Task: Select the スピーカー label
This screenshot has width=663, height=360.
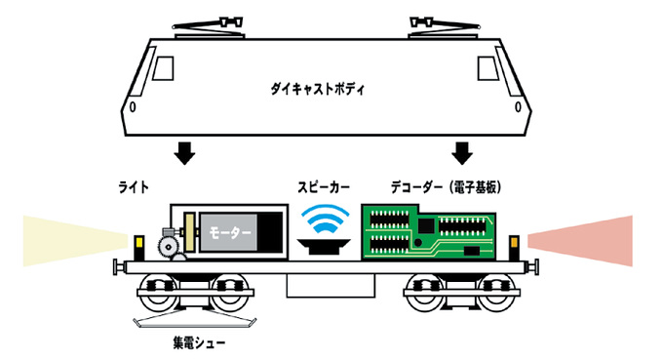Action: (x=324, y=184)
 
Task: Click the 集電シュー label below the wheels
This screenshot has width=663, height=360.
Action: (x=196, y=342)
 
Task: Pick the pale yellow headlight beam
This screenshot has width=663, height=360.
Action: (x=68, y=241)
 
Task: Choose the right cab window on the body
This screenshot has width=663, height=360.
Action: (x=487, y=67)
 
